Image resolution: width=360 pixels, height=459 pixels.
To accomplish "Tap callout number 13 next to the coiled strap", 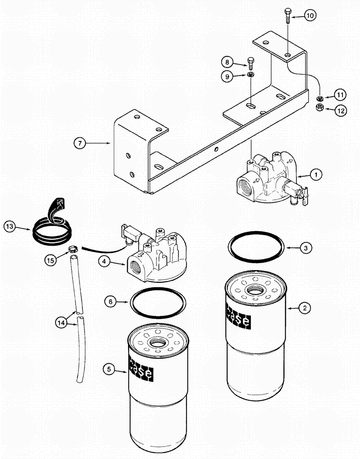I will [10, 226].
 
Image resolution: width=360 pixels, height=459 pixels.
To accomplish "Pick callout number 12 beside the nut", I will [340, 111].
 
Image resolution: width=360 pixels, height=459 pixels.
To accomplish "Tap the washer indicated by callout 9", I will [250, 75].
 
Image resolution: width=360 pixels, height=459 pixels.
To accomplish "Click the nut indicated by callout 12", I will [320, 107].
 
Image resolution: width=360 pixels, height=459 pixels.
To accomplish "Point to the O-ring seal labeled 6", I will [158, 302].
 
